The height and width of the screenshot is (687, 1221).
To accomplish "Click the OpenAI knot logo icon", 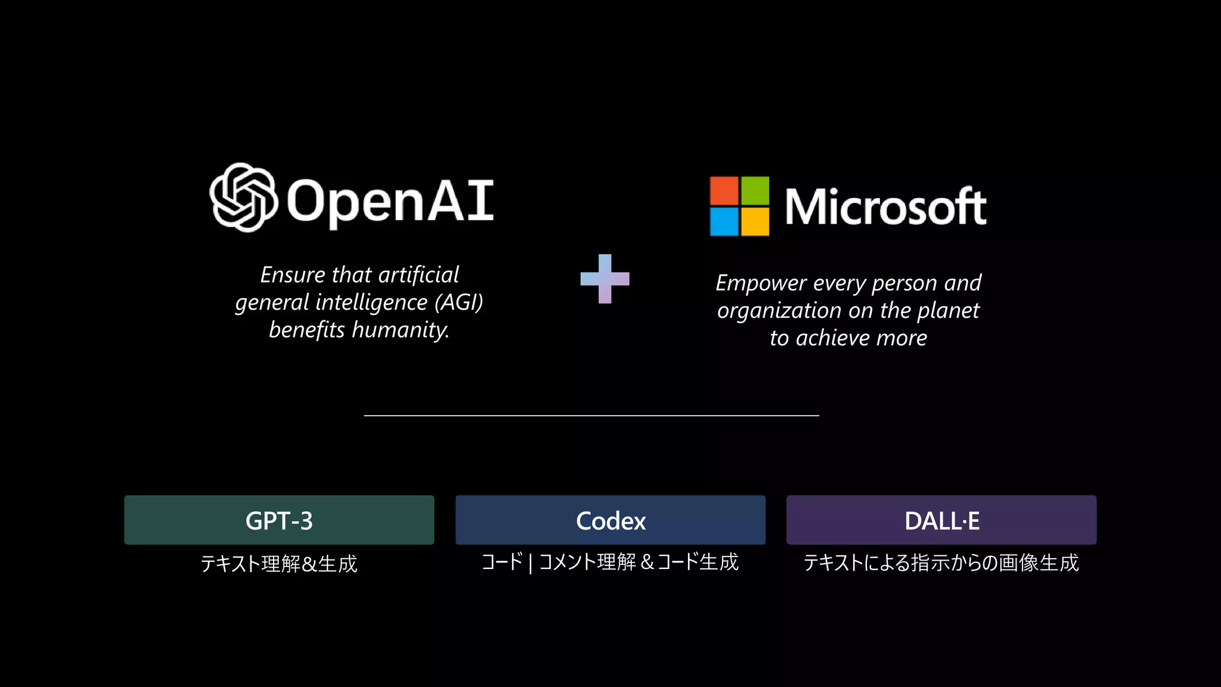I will [x=243, y=197].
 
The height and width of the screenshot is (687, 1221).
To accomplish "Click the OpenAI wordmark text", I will [x=390, y=202].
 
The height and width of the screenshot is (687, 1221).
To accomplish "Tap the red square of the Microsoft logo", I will [x=724, y=191].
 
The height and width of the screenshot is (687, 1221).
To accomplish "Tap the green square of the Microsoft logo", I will [x=755, y=191].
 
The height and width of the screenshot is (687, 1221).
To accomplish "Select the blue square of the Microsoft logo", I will [x=724, y=221].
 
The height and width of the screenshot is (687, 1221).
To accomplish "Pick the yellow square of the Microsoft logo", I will [x=755, y=221].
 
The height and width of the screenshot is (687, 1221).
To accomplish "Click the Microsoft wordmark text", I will [x=885, y=207].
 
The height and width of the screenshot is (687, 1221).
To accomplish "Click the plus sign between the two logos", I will [x=605, y=278].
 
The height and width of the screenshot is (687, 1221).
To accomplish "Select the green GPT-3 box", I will [x=279, y=520].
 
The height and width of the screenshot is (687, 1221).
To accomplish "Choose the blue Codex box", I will [x=610, y=520].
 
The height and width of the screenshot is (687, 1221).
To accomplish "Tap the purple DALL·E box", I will [x=941, y=520].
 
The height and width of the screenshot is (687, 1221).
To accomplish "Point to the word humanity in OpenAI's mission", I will [x=400, y=330].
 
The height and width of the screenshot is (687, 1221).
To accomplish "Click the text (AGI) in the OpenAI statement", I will [x=458, y=302].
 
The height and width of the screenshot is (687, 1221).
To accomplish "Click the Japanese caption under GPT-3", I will [x=279, y=564].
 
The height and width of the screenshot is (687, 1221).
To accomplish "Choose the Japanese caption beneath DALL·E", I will [x=941, y=562].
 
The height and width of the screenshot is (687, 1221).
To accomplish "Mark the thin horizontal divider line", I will [x=591, y=416].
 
